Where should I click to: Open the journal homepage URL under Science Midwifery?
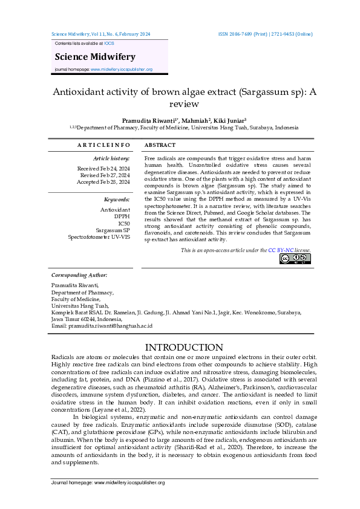point(121,70)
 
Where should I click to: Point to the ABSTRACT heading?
point(160,145)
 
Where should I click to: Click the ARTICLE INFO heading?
point(103,145)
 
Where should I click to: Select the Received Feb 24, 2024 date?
point(103,168)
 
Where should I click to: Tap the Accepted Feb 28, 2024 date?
point(103,181)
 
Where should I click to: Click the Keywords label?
point(117,199)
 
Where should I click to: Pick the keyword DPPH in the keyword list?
point(122,216)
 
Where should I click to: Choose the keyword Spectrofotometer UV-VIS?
point(99,237)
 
